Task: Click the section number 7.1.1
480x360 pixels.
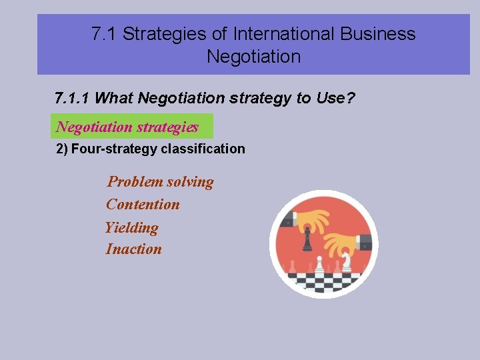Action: [x=73, y=99]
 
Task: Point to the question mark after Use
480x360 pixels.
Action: [x=351, y=99]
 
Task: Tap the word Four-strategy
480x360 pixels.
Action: [x=114, y=149]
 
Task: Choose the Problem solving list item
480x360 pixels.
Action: [x=161, y=182]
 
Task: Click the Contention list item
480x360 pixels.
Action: [x=143, y=205]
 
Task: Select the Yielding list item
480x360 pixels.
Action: [x=132, y=227]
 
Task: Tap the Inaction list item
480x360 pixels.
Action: [x=134, y=249]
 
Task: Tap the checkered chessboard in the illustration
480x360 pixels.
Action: [x=324, y=280]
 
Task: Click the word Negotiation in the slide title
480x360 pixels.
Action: [x=253, y=57]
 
